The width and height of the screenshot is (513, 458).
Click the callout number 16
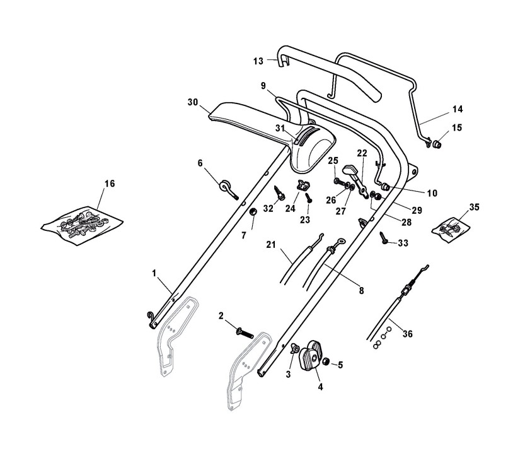click(110, 184)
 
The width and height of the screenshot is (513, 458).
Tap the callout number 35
click(475, 207)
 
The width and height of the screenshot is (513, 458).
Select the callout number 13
click(258, 61)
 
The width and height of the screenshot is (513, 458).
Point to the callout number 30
click(193, 102)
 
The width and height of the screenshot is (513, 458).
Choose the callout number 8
click(361, 291)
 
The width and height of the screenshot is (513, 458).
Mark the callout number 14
click(457, 110)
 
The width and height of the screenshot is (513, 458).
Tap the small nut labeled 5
click(328, 363)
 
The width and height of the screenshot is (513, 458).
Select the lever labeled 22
click(352, 172)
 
